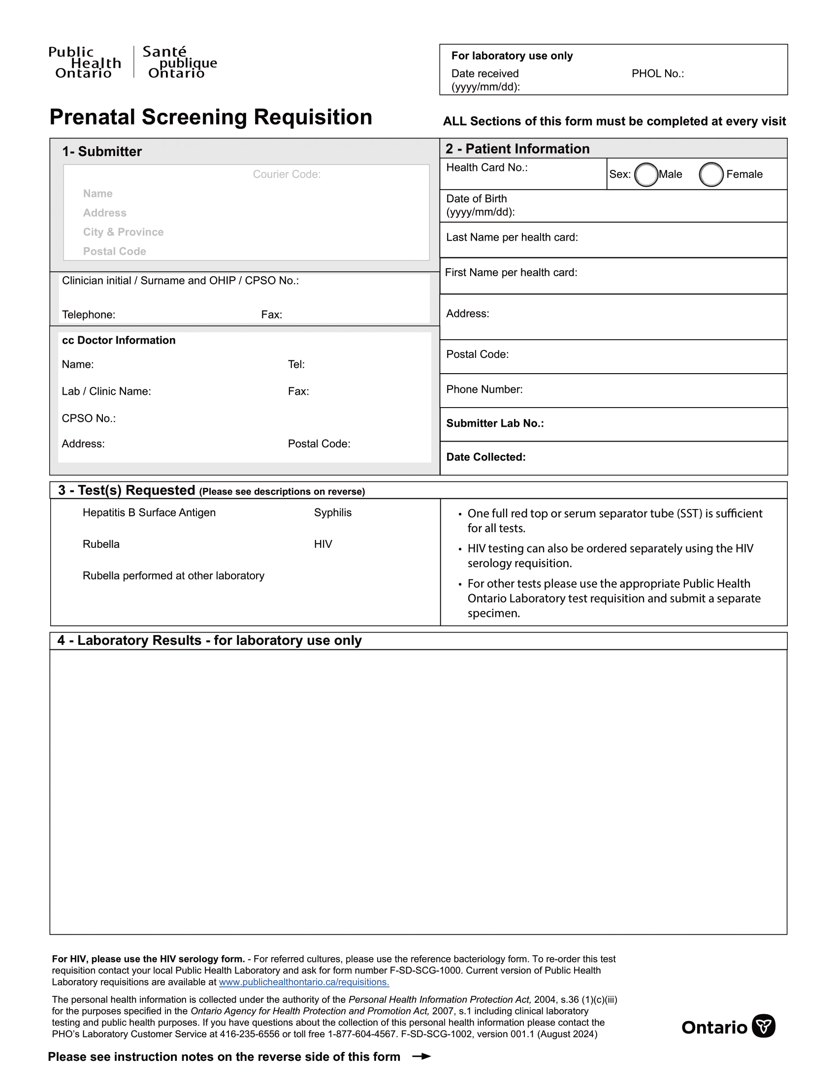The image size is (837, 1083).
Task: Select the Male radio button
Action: pyautogui.click(x=645, y=175)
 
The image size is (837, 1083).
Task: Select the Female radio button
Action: pyautogui.click(x=710, y=175)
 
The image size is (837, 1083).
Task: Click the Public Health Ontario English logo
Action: pyautogui.click(x=85, y=63)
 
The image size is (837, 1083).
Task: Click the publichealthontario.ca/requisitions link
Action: pyautogui.click(x=303, y=982)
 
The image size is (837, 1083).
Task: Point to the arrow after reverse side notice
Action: pyautogui.click(x=421, y=1056)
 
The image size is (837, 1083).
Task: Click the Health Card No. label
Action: pyautogui.click(x=486, y=167)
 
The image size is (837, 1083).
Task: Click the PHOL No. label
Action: pyautogui.click(x=657, y=74)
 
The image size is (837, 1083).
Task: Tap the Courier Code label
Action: pyautogui.click(x=287, y=175)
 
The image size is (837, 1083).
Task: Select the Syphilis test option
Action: pyautogui.click(x=332, y=513)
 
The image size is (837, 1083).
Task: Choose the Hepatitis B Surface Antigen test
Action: pyautogui.click(x=149, y=513)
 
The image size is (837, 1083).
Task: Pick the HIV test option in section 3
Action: pyautogui.click(x=323, y=544)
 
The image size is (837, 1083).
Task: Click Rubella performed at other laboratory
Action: pyautogui.click(x=173, y=576)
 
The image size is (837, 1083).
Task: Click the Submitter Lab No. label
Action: pyautogui.click(x=494, y=423)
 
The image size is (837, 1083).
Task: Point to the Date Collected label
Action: pyautogui.click(x=485, y=457)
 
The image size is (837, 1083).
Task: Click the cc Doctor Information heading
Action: pyautogui.click(x=119, y=340)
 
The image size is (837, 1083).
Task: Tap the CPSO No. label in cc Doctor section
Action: pyautogui.click(x=88, y=418)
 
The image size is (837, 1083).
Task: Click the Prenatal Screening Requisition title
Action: pyautogui.click(x=211, y=118)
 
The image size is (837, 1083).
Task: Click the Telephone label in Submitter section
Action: pyautogui.click(x=88, y=315)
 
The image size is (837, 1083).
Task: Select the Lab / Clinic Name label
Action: pyautogui.click(x=106, y=392)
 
